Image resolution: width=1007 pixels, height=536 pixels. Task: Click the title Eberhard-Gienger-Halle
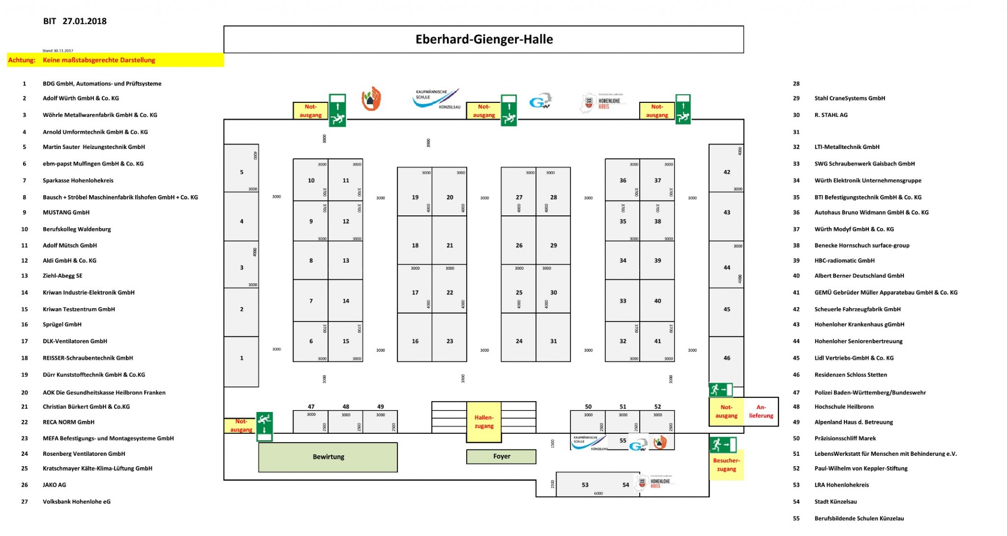coord(484,39)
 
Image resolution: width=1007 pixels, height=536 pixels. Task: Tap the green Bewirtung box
coord(328,457)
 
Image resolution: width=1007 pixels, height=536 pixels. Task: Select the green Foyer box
coord(501,456)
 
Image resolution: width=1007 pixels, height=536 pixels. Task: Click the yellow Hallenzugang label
coord(484,422)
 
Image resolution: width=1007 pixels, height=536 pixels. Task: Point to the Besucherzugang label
coord(726,465)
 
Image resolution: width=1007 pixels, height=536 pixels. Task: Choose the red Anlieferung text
coord(761,412)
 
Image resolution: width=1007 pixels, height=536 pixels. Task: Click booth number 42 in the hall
coord(727,172)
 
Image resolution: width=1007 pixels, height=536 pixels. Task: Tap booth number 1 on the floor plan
coord(241,358)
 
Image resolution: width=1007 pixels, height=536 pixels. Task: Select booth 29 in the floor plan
coord(553,245)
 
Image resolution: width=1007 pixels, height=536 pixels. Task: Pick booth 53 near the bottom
coord(585,485)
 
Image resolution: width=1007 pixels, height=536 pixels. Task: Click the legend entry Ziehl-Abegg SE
coord(62,276)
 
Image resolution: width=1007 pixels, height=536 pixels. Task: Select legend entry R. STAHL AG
coord(830,115)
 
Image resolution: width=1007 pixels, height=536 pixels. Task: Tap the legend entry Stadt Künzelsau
coord(835,502)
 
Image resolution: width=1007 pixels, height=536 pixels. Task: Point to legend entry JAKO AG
coord(54,485)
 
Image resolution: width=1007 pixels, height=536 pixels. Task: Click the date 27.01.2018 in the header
coord(85,21)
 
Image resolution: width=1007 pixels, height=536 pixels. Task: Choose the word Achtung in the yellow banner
coord(22,60)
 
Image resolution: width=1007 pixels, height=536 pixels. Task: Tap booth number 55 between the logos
coord(622,441)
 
